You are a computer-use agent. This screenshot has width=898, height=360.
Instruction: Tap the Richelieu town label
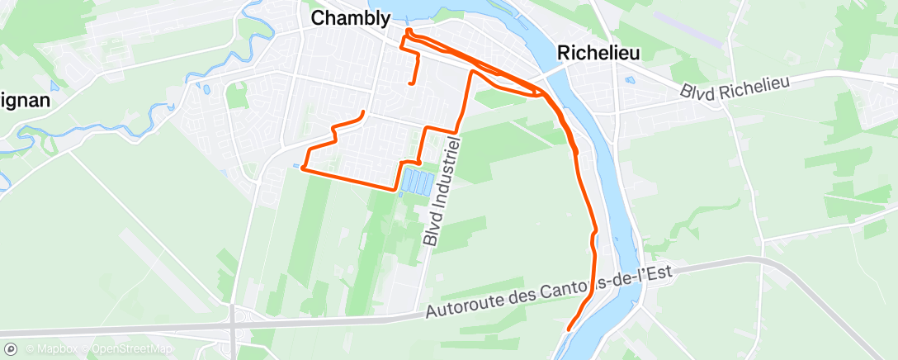(598, 52)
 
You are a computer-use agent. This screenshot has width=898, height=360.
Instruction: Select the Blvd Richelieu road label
(736, 87)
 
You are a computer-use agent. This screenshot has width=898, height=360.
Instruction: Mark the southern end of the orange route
(569, 330)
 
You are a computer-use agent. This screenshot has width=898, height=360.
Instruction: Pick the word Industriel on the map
(446, 178)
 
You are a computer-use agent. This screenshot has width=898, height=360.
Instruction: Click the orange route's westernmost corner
(303, 168)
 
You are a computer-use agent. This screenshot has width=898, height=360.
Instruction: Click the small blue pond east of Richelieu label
(629, 81)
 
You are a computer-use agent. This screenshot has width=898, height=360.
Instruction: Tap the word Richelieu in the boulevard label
(754, 83)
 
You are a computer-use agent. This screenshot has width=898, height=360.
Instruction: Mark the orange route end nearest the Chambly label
(362, 111)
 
